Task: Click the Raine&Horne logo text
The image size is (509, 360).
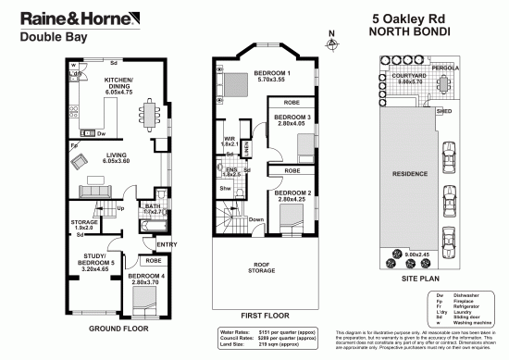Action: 65,19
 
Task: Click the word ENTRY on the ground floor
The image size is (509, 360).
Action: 167,244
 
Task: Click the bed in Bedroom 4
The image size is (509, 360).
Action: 144,299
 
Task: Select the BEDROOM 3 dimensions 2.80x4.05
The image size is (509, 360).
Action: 290,123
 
